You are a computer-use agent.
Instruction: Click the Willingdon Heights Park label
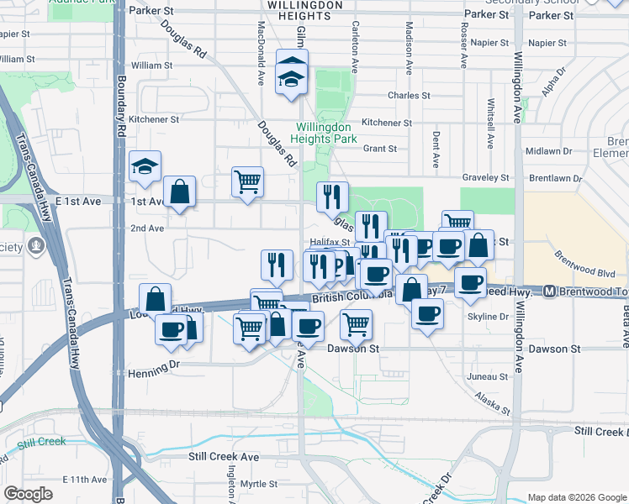[x=325, y=133]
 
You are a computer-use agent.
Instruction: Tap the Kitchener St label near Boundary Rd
[x=154, y=119]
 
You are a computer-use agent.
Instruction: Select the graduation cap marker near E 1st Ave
[x=145, y=166]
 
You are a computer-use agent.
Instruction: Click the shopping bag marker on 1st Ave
[x=180, y=192]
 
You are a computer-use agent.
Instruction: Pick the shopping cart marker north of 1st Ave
[x=247, y=181]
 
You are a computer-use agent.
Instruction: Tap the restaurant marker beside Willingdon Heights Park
[x=332, y=196]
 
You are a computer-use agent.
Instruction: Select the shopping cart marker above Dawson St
[x=357, y=323]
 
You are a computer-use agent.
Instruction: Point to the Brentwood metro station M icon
[x=549, y=291]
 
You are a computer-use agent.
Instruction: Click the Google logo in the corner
[x=29, y=495]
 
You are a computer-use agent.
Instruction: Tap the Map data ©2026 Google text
[x=576, y=497]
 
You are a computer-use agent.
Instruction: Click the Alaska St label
[x=492, y=402]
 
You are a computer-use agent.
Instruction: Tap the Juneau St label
[x=490, y=377]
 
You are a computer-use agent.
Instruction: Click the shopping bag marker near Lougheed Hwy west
[x=155, y=299]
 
